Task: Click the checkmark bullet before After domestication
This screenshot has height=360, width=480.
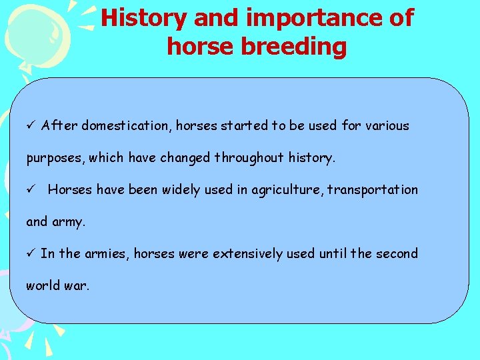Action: coord(30,126)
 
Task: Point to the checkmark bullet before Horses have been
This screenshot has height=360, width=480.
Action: coord(30,190)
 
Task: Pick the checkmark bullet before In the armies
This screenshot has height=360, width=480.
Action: coord(30,254)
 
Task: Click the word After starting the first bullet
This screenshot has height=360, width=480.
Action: coord(57,126)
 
